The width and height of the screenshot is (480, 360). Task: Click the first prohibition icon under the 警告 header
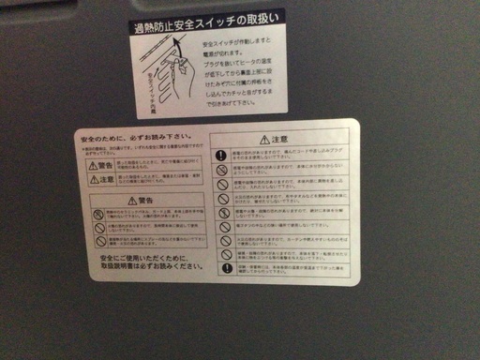[97, 215]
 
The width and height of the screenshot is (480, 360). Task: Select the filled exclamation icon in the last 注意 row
[226, 269]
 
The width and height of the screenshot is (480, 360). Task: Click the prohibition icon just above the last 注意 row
[225, 254]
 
